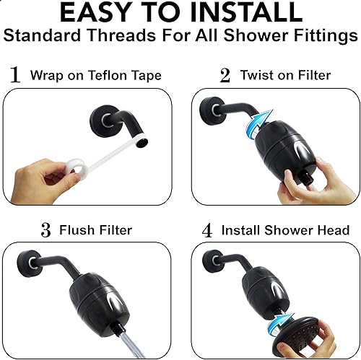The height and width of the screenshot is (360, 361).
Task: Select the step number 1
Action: click(15, 75)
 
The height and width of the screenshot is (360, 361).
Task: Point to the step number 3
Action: click(46, 231)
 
